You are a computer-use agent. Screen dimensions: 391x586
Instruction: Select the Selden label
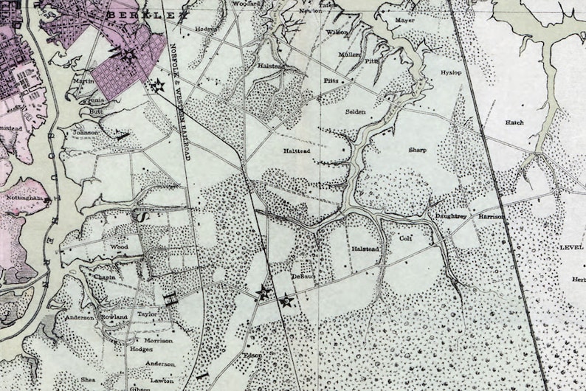tap(356, 111)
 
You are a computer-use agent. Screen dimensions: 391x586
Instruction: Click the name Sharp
tap(418, 150)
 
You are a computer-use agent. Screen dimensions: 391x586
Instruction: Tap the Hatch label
tap(514, 122)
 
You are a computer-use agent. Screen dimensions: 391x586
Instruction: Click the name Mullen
tap(349, 55)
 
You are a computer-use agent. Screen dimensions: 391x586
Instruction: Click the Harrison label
tap(491, 217)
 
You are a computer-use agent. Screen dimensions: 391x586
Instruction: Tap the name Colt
tap(404, 238)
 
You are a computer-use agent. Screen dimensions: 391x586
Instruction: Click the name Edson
tap(253, 355)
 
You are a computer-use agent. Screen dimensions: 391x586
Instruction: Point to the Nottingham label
tap(25, 201)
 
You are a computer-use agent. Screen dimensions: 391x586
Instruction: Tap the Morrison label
tap(159, 341)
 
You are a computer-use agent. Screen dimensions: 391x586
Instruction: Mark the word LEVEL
tap(571, 248)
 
